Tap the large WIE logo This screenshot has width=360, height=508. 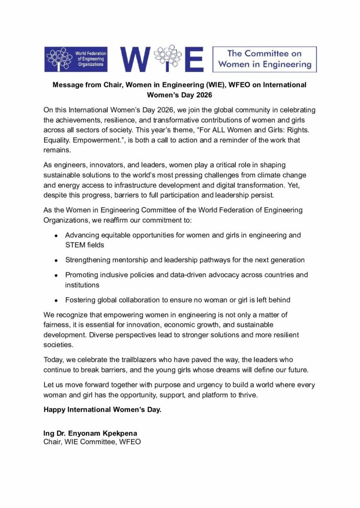(x=162, y=59)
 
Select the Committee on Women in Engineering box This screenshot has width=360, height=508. (x=264, y=59)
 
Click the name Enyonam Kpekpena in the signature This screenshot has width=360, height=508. (x=105, y=433)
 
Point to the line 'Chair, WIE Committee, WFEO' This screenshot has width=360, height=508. (x=92, y=441)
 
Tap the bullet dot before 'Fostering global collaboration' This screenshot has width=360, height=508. (x=57, y=300)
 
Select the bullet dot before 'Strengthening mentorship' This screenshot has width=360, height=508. (x=57, y=260)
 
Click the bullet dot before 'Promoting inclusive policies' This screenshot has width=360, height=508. (x=57, y=275)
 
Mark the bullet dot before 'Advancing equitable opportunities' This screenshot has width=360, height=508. (x=57, y=236)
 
